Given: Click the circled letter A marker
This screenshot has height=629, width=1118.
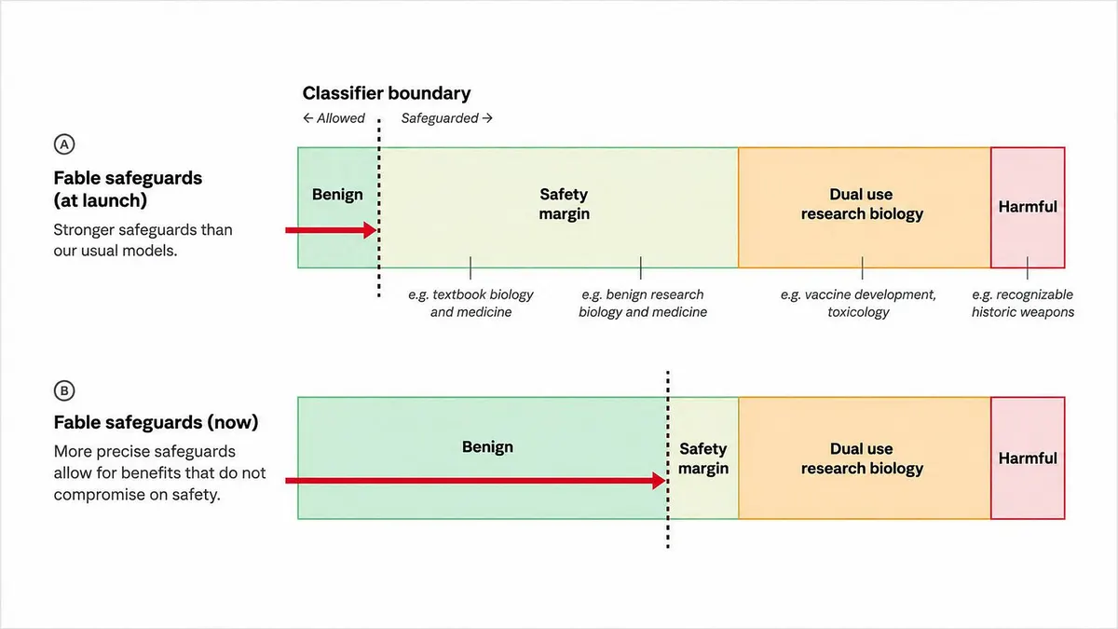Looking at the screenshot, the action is (64, 144).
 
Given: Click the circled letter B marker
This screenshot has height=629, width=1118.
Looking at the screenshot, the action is (64, 390).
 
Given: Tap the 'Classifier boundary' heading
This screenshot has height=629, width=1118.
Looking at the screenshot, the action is (387, 93).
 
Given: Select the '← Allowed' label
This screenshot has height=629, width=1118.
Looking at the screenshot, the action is (334, 118).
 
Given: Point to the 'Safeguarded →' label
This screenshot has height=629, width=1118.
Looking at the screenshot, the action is (446, 118).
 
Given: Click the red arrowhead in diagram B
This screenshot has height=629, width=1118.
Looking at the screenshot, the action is (660, 481).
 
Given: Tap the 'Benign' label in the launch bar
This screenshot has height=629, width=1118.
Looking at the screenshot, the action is (337, 194).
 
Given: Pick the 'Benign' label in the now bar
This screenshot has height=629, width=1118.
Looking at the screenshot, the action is (487, 446).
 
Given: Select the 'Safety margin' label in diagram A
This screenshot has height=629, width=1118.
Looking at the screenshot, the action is (564, 204).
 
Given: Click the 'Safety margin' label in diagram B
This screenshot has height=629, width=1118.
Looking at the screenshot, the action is (703, 458).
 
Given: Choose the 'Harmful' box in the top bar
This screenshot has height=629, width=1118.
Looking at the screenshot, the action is (1028, 208).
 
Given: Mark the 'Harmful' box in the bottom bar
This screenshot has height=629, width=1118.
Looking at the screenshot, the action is (1028, 458).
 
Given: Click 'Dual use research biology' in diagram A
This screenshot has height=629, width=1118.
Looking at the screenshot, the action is (862, 204).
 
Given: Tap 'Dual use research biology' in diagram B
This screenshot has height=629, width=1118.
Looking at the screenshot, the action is (862, 458).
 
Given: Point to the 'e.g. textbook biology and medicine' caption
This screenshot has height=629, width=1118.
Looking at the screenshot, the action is (470, 303).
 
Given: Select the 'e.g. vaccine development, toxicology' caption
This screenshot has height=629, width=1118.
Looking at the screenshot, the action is (858, 303).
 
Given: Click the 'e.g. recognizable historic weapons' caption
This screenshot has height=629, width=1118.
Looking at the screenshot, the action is (1023, 303).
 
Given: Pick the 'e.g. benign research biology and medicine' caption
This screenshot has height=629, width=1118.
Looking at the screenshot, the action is (643, 303).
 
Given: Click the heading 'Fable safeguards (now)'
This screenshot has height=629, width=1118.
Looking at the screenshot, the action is (156, 422).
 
